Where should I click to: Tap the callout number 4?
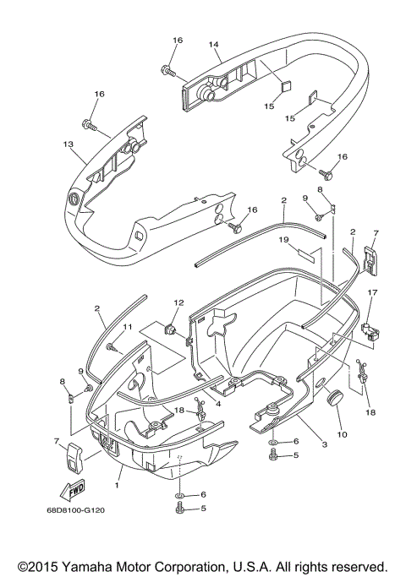tap(218, 404)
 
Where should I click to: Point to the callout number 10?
tap(342, 434)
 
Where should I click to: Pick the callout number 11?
tap(129, 327)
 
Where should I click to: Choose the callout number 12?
tap(178, 303)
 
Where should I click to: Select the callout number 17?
tap(370, 293)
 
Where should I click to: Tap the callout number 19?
tap(285, 240)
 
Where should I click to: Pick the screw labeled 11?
tap(113, 346)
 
